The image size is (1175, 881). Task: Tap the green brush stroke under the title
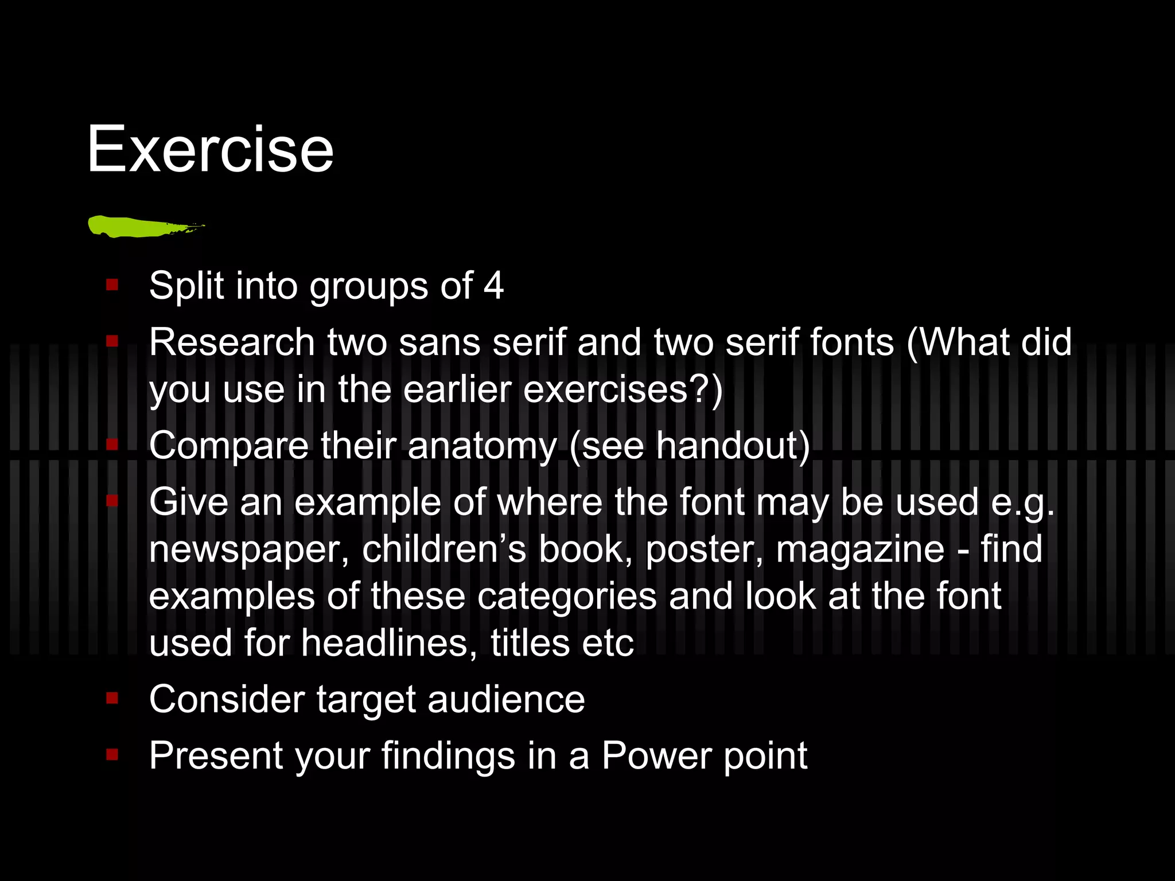pos(143,226)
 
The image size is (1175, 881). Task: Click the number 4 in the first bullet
pos(493,286)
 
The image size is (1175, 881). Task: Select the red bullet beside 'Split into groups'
pos(112,284)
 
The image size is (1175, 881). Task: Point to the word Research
pos(232,342)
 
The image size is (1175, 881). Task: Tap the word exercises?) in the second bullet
pos(623,389)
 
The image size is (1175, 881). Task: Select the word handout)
pos(733,446)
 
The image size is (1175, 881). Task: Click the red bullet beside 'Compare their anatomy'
pos(112,444)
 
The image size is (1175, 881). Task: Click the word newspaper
pos(249,549)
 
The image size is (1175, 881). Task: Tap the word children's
pos(444,549)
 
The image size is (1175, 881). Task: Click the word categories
pos(567,596)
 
